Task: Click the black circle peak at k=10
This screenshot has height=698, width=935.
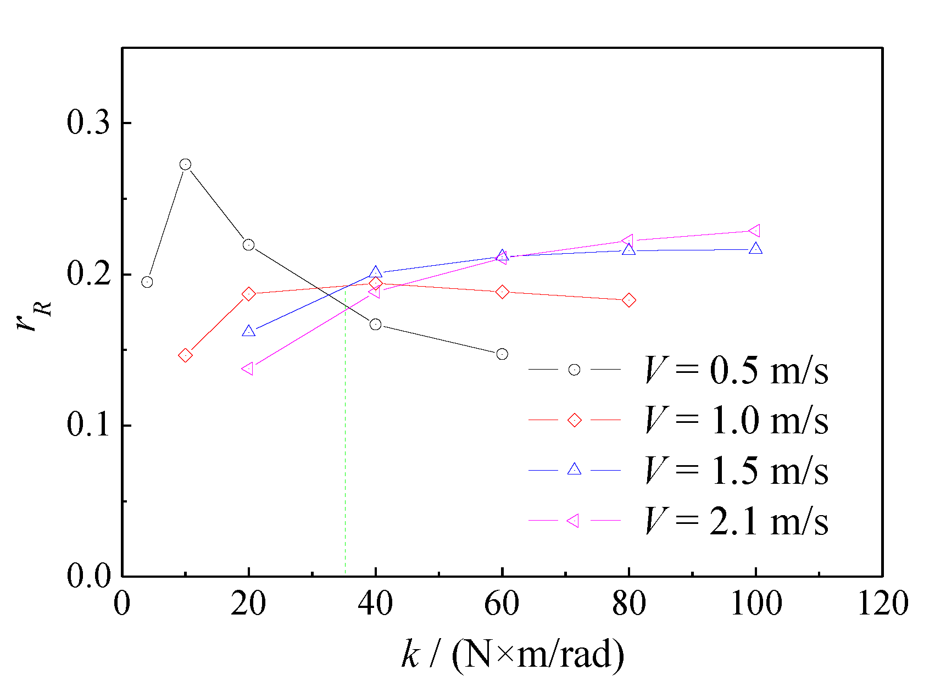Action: pyautogui.click(x=185, y=164)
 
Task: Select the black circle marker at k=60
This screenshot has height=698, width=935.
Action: pyautogui.click(x=502, y=354)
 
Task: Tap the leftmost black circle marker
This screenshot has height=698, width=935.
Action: pyautogui.click(x=147, y=282)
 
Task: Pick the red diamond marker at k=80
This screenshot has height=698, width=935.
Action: pyautogui.click(x=629, y=300)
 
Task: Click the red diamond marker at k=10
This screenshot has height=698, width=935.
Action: pyautogui.click(x=185, y=355)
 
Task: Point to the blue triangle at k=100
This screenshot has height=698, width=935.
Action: pyautogui.click(x=756, y=248)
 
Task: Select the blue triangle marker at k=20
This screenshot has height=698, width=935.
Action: pyautogui.click(x=248, y=331)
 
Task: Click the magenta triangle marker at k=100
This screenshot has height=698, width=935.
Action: pyautogui.click(x=755, y=231)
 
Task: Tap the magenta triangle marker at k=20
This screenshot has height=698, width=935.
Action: pyautogui.click(x=248, y=368)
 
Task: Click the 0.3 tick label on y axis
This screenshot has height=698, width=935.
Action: pyautogui.click(x=88, y=122)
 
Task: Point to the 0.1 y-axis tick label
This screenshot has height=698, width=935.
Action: pyautogui.click(x=88, y=425)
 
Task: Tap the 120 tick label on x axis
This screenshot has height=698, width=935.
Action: pyautogui.click(x=882, y=604)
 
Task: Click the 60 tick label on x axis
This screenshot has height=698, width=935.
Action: pyautogui.click(x=502, y=604)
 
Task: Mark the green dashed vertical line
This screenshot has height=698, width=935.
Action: pyautogui.click(x=345, y=439)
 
